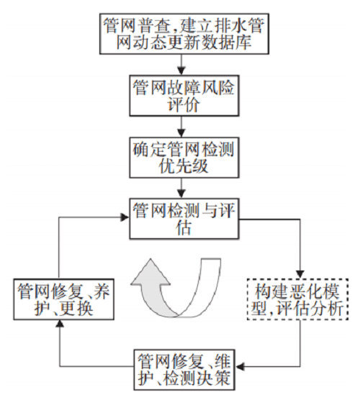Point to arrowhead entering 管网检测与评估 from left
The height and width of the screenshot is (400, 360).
tap(123, 213)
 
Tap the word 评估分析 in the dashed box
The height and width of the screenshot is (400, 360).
tap(316, 310)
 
